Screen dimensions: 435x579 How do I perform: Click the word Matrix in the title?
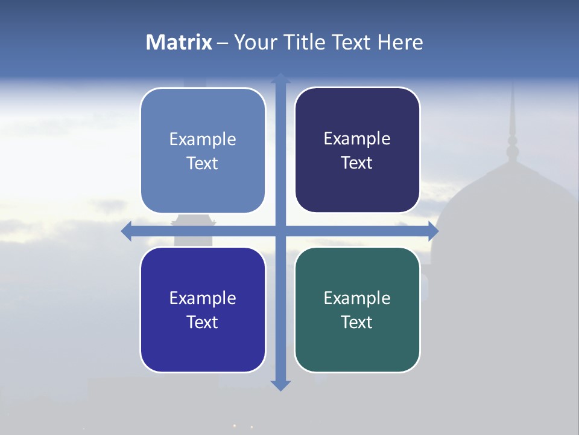(x=179, y=42)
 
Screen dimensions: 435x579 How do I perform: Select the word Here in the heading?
(x=400, y=42)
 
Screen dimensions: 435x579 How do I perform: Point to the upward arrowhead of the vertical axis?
(x=280, y=78)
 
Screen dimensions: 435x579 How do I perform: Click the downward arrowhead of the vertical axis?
(x=280, y=385)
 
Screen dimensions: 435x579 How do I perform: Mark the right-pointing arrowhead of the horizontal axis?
(x=433, y=231)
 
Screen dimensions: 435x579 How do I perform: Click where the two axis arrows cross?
(x=280, y=231)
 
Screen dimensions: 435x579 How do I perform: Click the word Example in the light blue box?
(x=203, y=140)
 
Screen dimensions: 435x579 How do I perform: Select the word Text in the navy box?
(x=357, y=163)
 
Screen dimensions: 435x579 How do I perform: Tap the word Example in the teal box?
(x=357, y=298)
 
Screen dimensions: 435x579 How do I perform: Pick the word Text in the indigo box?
(x=203, y=322)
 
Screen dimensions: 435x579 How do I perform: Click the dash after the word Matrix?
(x=223, y=43)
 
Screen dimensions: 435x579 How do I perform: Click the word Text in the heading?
(x=353, y=42)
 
